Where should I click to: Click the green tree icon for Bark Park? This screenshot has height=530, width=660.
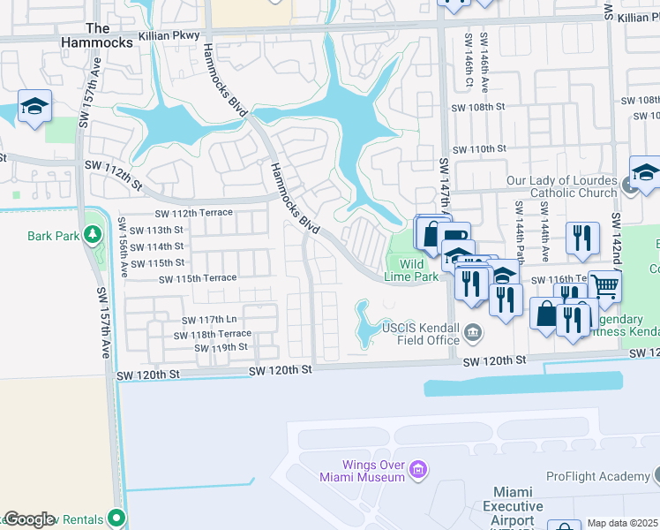tap(92, 234)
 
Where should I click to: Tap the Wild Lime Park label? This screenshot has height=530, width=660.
tap(411, 270)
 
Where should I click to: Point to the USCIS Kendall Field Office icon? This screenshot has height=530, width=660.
tap(474, 333)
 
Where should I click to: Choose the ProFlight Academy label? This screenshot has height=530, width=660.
tap(597, 476)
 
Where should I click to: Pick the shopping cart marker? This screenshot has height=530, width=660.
tap(604, 285)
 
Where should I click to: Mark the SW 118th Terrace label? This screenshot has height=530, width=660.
tap(212, 335)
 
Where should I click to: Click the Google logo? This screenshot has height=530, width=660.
tap(29, 520)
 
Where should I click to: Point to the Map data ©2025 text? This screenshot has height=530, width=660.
tap(622, 523)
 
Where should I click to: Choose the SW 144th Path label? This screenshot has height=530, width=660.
tap(521, 235)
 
